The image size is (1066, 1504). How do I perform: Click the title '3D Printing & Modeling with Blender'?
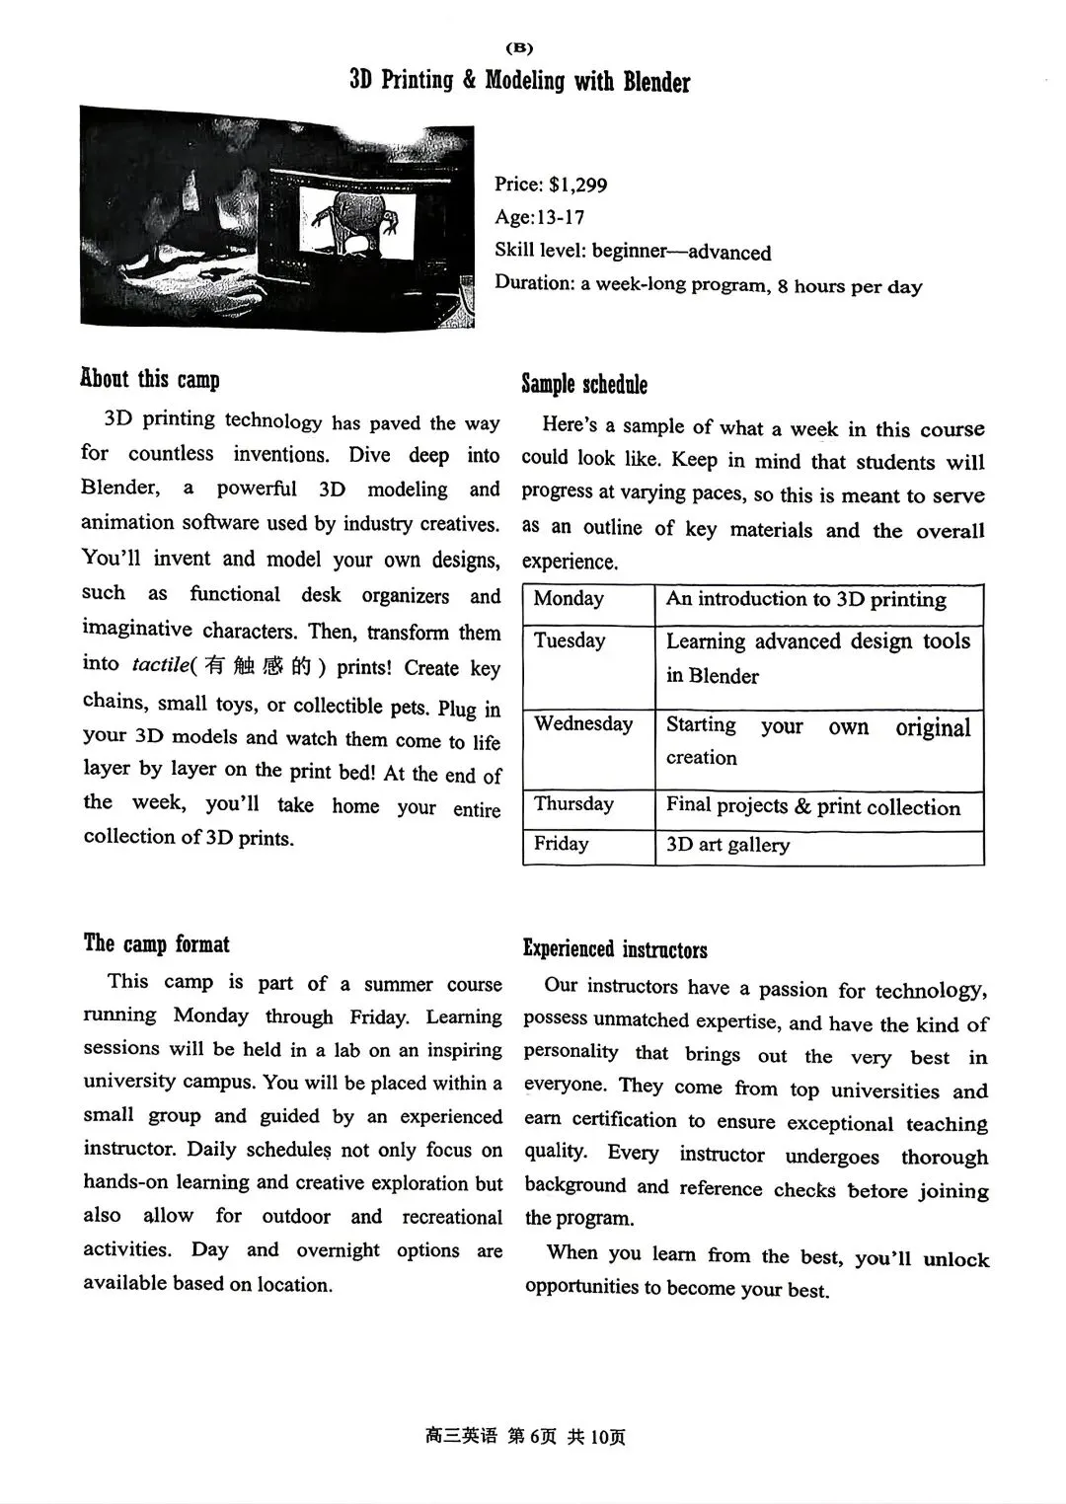click(520, 81)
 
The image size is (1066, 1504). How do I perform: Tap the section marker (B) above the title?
click(519, 47)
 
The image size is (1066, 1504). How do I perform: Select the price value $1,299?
click(578, 185)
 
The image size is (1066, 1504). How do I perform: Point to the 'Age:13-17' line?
click(540, 217)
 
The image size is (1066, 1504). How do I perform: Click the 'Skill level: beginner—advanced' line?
click(633, 251)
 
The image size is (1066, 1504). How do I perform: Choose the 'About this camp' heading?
click(150, 379)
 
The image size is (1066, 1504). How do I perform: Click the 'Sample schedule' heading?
click(584, 384)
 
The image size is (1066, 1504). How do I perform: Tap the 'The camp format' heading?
click(156, 943)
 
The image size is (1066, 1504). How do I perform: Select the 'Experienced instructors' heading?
click(615, 949)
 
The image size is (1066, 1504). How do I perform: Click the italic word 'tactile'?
click(160, 665)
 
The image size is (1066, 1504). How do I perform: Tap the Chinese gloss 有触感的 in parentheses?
click(258, 666)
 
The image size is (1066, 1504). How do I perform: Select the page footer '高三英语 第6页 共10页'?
click(525, 1436)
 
